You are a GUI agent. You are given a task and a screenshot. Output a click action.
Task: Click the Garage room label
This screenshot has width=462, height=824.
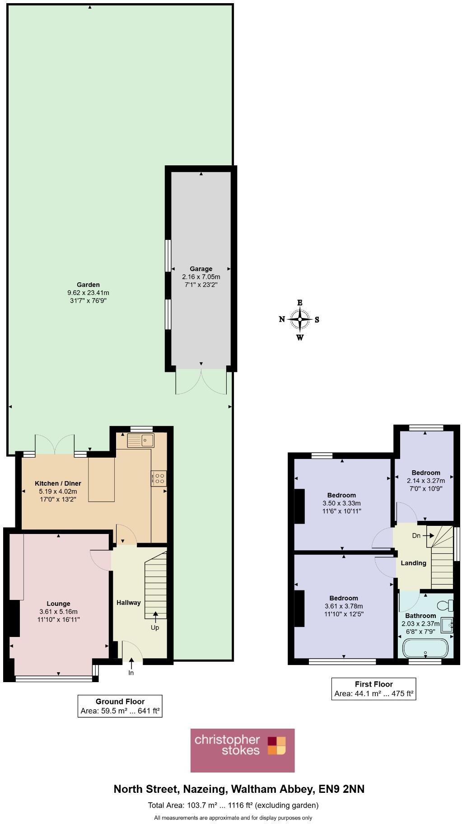coord(201,269)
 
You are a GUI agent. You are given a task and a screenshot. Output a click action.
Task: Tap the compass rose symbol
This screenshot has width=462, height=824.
coord(299,319)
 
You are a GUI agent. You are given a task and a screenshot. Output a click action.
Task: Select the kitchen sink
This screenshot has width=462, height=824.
coord(140,440)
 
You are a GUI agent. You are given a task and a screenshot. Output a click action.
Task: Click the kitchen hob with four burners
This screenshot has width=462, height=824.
coord(159,478)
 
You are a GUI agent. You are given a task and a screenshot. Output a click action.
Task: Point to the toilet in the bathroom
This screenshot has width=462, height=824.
coord(446,605)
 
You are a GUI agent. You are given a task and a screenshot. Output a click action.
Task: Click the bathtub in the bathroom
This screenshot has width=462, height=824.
coord(425,648)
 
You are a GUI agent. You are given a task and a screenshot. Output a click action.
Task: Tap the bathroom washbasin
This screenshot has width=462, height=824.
coord(447,625)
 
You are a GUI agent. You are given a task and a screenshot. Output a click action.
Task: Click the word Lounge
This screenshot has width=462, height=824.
coord(59,604)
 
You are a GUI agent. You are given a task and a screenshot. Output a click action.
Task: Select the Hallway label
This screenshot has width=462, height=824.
coord(129,603)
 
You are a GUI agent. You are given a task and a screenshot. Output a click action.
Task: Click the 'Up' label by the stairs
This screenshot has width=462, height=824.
coord(155,627)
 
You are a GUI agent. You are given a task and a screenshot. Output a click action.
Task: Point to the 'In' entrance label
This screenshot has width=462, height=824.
coord(131,673)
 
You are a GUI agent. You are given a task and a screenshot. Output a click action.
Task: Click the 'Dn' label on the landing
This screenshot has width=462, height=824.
coord(416,535)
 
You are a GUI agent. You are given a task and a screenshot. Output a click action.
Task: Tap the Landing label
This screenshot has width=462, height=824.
coord(413,563)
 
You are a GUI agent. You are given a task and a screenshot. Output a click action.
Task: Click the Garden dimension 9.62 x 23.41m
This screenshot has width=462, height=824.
coord(88,293)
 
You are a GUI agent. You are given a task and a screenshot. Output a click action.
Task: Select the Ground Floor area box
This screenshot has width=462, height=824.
coord(120,706)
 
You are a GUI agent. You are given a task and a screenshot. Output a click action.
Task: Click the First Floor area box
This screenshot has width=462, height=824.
coord(373,688)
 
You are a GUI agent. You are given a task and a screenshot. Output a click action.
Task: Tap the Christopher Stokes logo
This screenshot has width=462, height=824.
coord(243,750)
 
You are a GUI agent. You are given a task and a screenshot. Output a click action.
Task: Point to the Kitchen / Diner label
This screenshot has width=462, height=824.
coord(58,483)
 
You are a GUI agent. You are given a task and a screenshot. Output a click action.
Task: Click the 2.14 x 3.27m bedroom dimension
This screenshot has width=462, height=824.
coord(426,481)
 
